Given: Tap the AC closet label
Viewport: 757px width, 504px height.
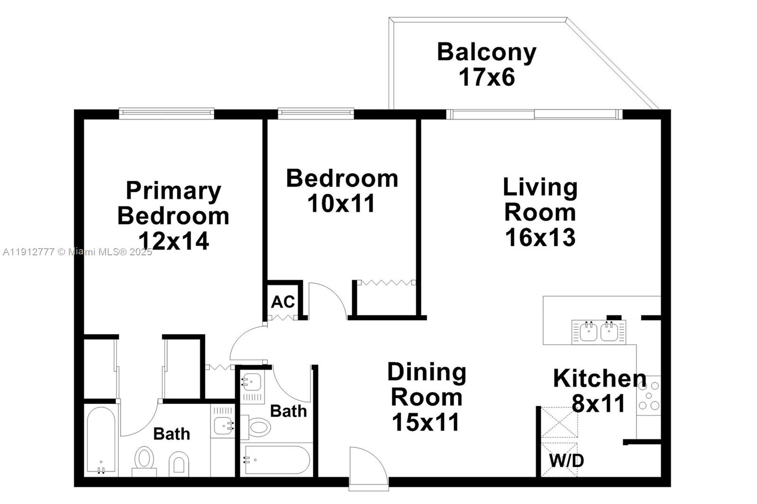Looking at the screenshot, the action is pos(282,302).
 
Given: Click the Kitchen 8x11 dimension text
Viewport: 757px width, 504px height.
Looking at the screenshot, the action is pos(599,404).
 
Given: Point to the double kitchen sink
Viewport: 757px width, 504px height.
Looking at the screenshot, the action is pos(599,331).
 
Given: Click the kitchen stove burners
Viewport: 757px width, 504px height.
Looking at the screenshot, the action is pos(649,396).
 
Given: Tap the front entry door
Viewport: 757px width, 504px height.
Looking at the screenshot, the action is pos(368,468).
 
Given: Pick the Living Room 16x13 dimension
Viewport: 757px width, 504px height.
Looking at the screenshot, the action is pos(540,237).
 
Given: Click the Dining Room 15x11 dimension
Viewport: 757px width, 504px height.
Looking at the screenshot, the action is pos(425,422).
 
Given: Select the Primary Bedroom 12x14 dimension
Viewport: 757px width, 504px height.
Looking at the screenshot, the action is pos(174,241).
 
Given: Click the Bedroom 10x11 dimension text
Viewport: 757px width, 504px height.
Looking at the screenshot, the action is pos(341,204).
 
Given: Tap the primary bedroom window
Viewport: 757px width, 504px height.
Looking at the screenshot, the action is pos(166,113).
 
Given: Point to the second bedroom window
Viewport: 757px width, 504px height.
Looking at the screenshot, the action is pos(316,113).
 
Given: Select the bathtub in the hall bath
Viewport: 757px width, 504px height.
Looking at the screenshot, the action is pos(275,460).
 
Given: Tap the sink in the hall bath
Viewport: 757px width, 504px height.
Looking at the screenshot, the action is pos(251,381).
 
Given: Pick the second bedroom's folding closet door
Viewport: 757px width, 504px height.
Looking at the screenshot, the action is pos(386,283).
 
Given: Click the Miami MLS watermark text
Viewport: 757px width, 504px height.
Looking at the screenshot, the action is pos(78,252).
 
